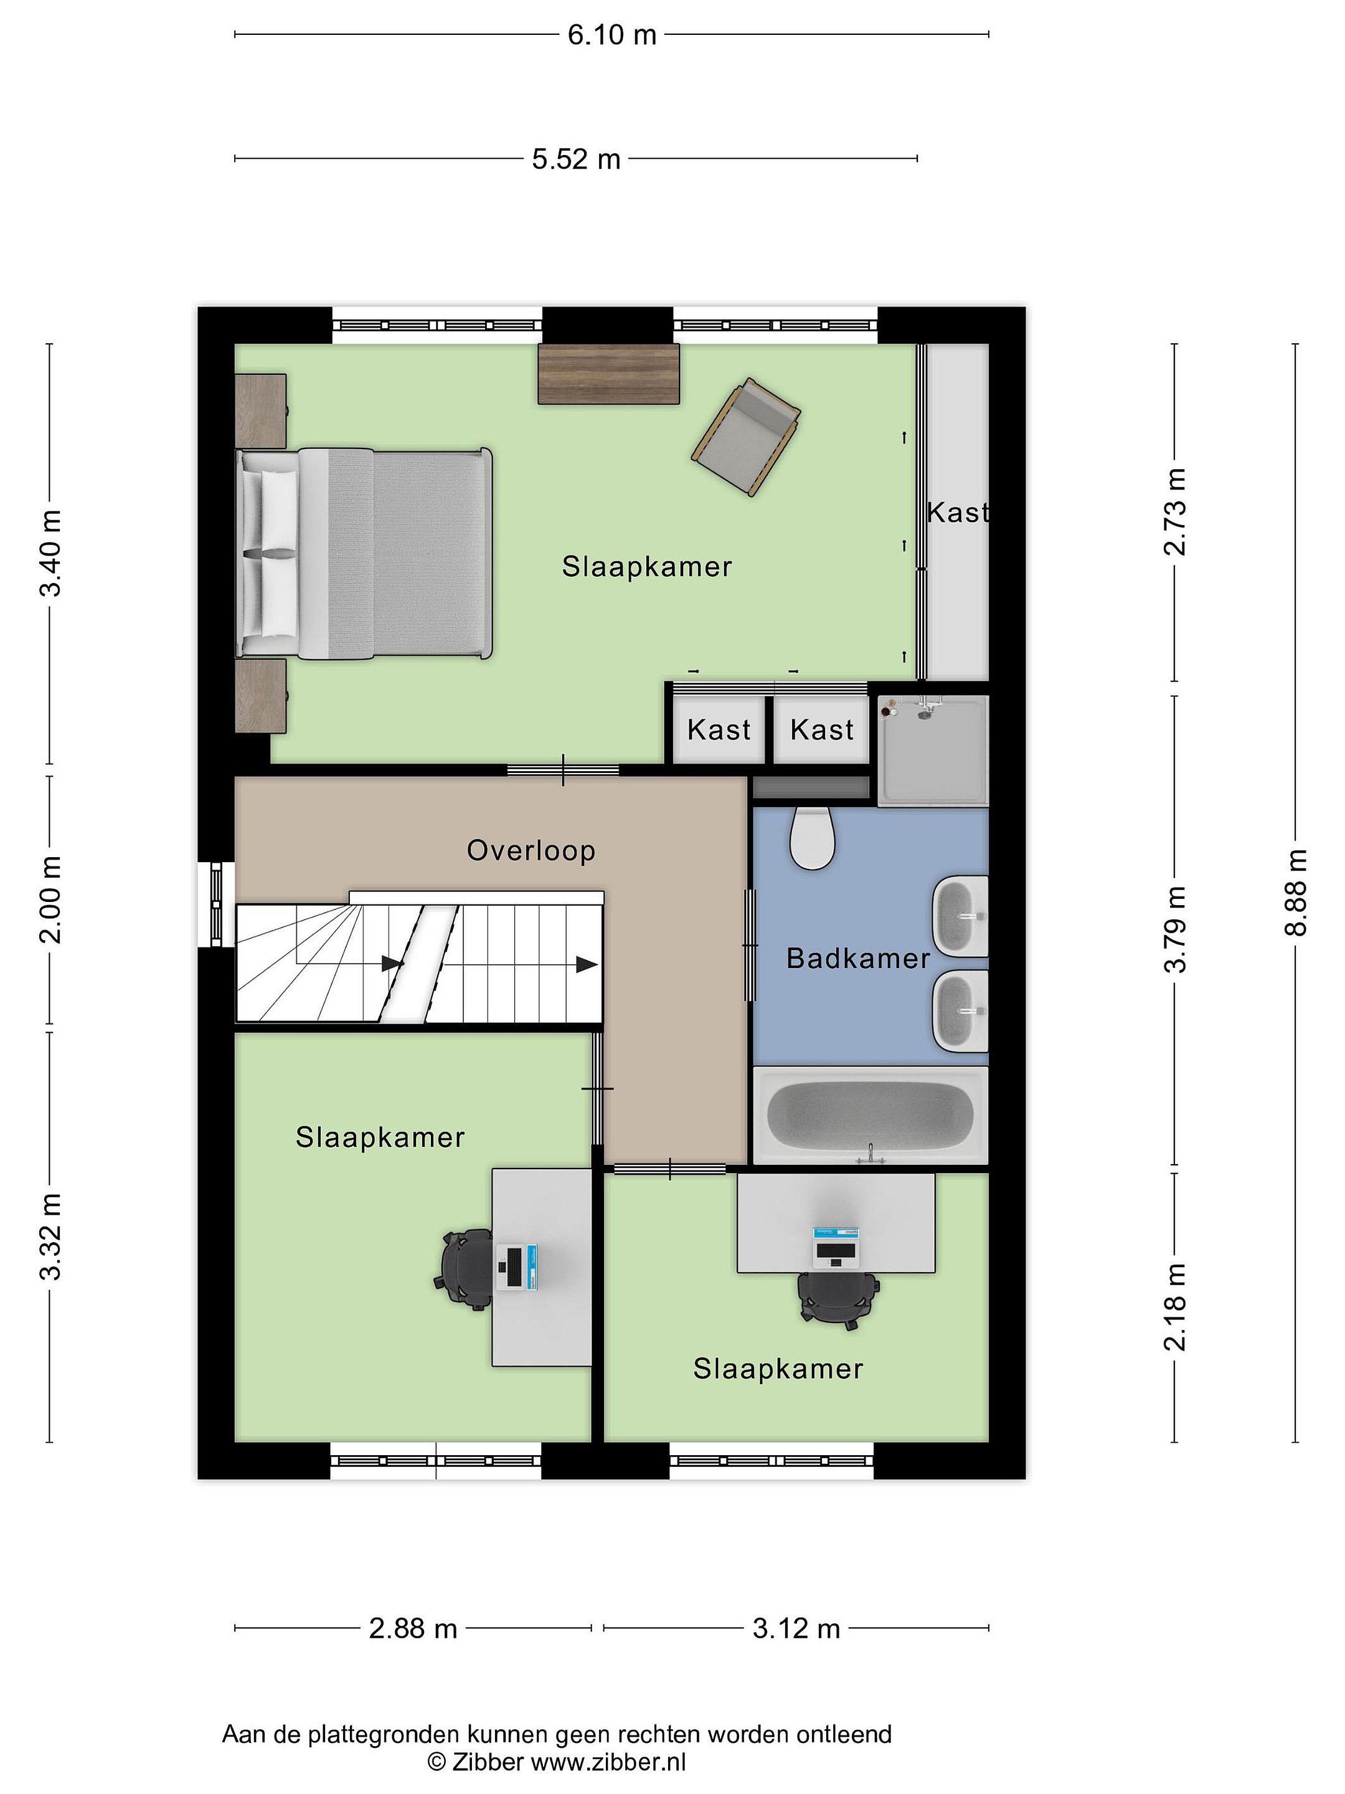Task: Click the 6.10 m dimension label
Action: (x=611, y=35)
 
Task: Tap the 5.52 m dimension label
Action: (x=575, y=159)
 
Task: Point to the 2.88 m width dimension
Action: (x=413, y=1628)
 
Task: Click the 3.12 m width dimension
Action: (x=796, y=1628)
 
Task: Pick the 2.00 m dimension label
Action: (x=50, y=899)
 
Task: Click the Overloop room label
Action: (x=531, y=851)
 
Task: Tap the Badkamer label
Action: (x=858, y=959)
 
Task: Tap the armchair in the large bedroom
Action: (x=746, y=437)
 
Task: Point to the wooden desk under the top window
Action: (x=608, y=373)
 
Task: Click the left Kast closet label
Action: (x=719, y=730)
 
